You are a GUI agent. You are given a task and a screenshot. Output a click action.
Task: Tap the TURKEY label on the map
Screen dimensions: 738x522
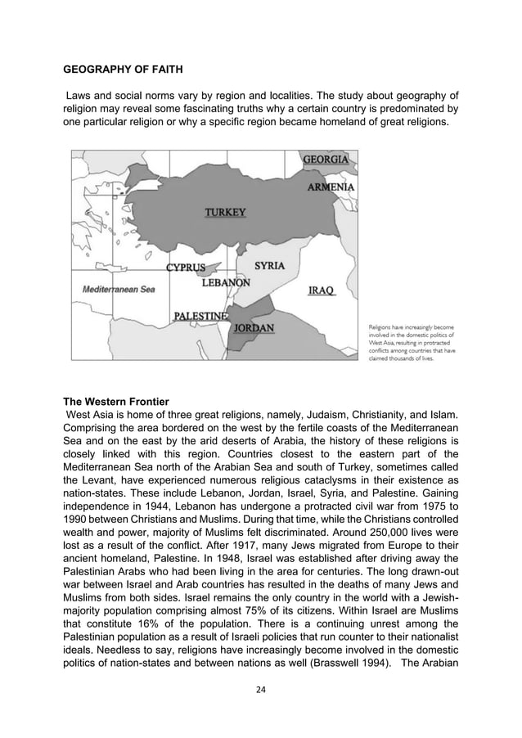click(x=224, y=213)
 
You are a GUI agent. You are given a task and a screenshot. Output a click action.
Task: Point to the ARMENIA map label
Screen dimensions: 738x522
click(x=331, y=187)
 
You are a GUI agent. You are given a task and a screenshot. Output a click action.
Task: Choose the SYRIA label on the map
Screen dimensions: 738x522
click(x=269, y=266)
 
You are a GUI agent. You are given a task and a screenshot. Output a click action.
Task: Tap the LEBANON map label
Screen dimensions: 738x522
click(x=226, y=282)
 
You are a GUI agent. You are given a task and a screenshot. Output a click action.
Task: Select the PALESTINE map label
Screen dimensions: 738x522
click(x=201, y=316)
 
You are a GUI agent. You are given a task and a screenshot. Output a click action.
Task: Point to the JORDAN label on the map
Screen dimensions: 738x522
click(x=254, y=329)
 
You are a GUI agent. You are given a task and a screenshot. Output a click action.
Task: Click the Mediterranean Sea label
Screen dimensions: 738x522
click(x=118, y=289)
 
